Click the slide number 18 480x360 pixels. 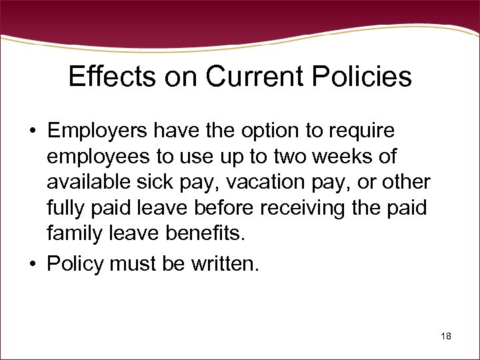tap(446, 337)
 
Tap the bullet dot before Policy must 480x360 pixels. tap(32, 264)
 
